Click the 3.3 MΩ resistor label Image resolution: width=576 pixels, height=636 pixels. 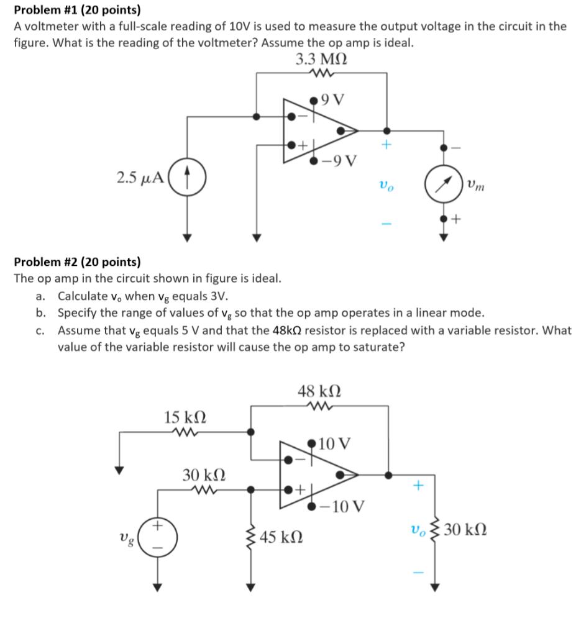tap(321, 60)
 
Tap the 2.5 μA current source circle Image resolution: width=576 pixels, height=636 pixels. tap(187, 178)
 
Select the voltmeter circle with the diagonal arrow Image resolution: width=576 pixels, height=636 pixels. tap(443, 184)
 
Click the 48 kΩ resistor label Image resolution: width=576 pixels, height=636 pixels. tap(319, 392)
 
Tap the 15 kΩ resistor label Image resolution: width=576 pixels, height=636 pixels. tap(185, 416)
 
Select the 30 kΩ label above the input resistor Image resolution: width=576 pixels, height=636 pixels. tap(204, 475)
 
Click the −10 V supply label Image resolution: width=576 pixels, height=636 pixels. tap(344, 506)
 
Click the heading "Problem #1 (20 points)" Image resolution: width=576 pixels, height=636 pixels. tap(78, 10)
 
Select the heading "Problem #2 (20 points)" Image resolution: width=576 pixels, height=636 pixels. tap(78, 261)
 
